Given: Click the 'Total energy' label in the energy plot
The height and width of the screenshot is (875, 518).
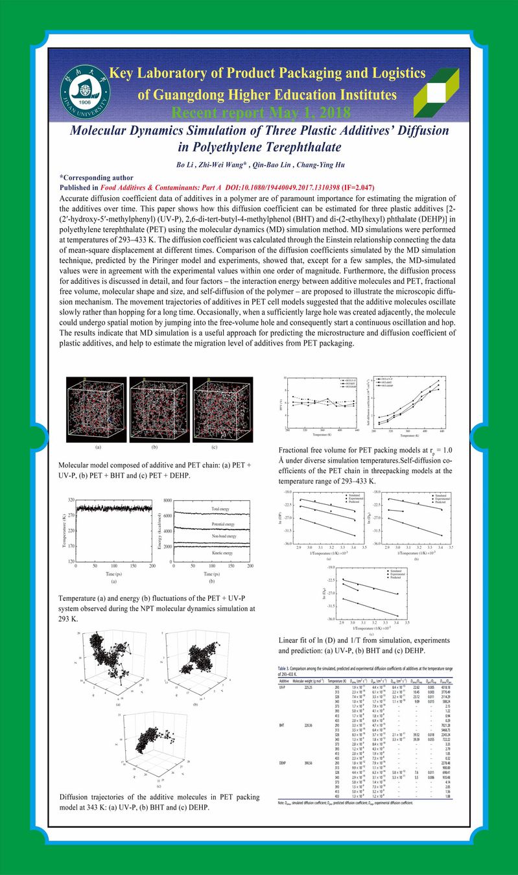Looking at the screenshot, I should click(224, 509).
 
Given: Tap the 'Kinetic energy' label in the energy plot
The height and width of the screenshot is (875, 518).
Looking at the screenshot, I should click(224, 554).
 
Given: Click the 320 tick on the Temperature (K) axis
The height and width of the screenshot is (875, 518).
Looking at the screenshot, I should click(67, 500).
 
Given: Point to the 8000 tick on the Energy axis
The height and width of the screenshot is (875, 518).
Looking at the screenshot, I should click(167, 500).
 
